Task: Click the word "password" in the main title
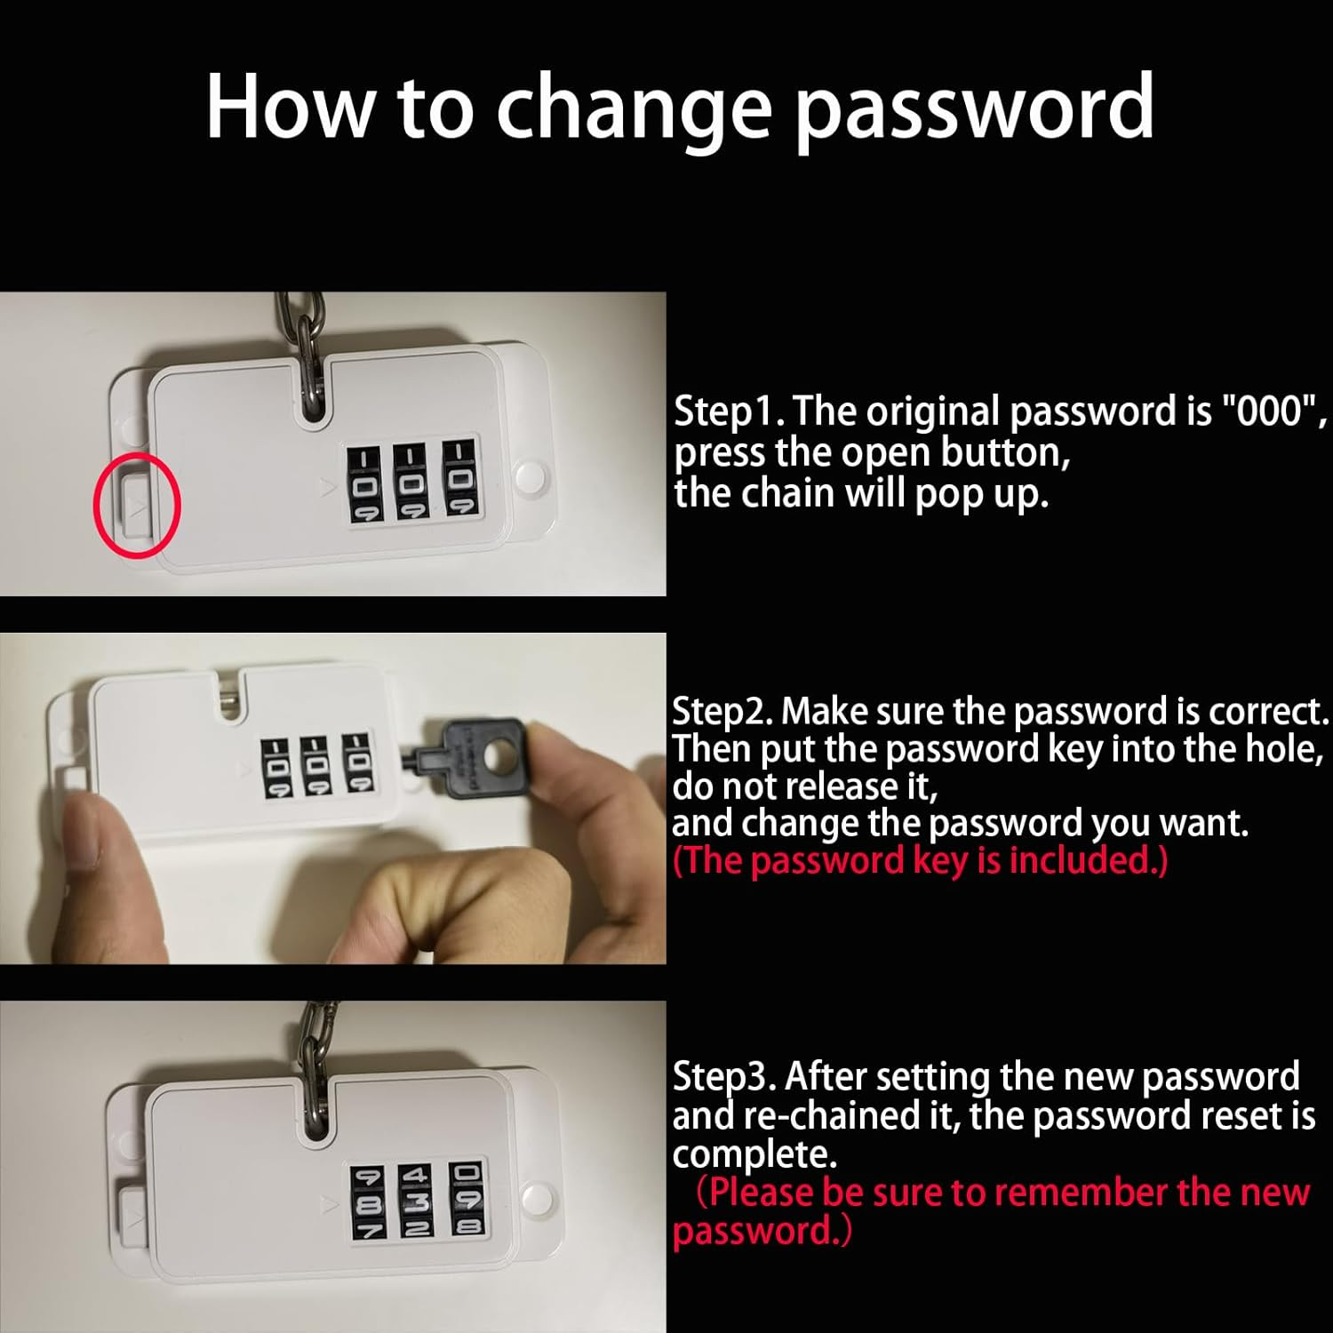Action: [974, 108]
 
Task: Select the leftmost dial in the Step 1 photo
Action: [364, 484]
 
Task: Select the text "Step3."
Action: [725, 1077]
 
